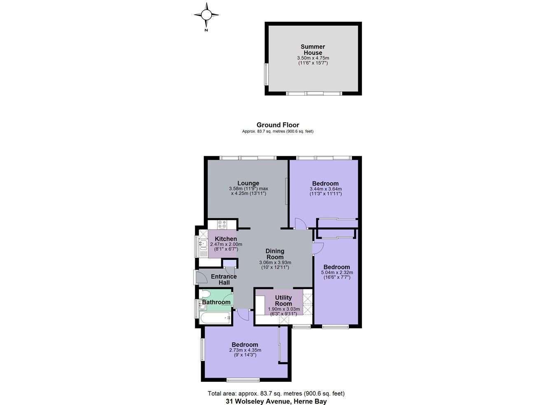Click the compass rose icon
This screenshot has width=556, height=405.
[206, 15]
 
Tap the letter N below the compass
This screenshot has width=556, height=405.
[206, 30]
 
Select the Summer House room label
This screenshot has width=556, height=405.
[313, 49]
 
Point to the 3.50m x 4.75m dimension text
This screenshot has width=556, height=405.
[313, 58]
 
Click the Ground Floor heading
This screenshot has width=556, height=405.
[278, 125]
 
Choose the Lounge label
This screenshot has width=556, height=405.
[248, 183]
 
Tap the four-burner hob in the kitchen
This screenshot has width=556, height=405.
[222, 225]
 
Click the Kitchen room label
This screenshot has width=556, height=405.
[226, 239]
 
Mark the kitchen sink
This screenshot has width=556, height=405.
[203, 245]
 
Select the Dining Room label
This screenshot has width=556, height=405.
[275, 254]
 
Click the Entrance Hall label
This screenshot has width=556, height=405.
[224, 279]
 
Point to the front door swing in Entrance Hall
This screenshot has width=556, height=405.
[202, 277]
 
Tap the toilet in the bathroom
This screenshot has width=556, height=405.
[205, 294]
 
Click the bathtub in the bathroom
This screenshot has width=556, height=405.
[215, 318]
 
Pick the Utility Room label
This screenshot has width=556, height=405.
[283, 300]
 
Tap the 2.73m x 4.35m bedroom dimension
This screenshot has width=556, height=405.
[245, 350]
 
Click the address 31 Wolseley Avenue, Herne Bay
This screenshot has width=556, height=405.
[276, 401]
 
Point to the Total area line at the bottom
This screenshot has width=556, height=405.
[276, 393]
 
